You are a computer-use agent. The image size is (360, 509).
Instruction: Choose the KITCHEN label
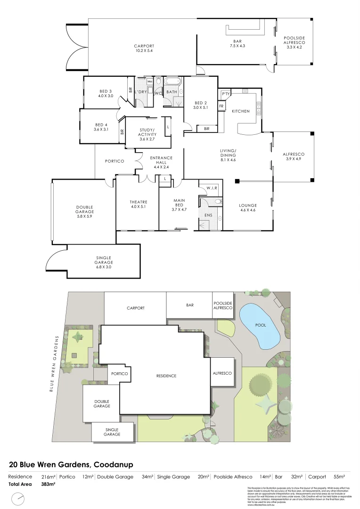pyautogui.click(x=240, y=111)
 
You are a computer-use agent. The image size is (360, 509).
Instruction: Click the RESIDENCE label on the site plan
pyautogui.click(x=167, y=376)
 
